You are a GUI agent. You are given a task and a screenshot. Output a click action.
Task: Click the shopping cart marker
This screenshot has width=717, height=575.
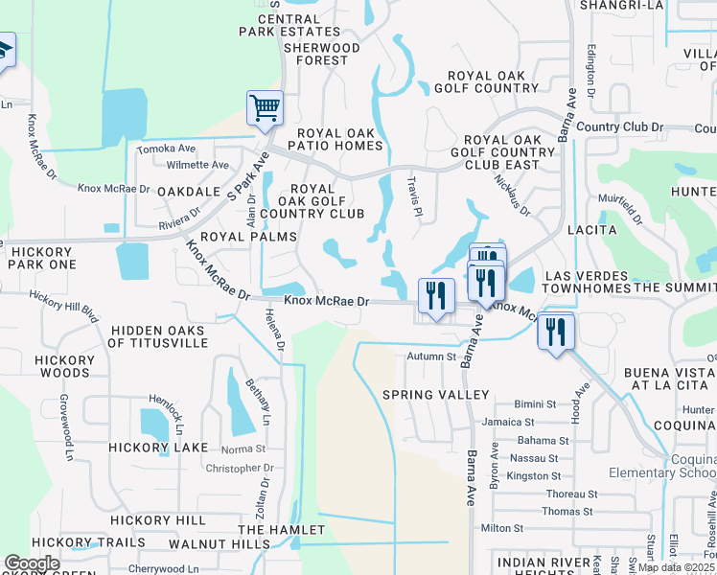(265, 108)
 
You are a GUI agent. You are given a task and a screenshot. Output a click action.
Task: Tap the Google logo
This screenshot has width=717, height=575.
(32, 563)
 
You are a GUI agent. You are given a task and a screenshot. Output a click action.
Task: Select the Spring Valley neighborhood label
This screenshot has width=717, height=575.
(435, 395)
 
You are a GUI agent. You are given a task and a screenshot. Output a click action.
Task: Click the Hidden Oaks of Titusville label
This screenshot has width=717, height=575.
(157, 337)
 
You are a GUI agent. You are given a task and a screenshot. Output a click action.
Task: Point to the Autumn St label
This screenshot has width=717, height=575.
(431, 356)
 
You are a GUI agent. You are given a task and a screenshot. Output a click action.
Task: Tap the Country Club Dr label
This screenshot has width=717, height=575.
(620, 126)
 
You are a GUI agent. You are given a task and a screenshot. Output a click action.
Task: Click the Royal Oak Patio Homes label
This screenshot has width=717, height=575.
(339, 139)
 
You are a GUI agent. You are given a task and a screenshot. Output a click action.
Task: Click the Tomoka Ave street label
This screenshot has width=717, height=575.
(166, 149)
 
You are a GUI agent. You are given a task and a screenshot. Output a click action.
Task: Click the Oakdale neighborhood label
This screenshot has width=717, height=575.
(190, 192)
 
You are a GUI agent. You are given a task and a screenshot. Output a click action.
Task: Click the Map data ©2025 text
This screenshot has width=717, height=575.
(676, 567)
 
